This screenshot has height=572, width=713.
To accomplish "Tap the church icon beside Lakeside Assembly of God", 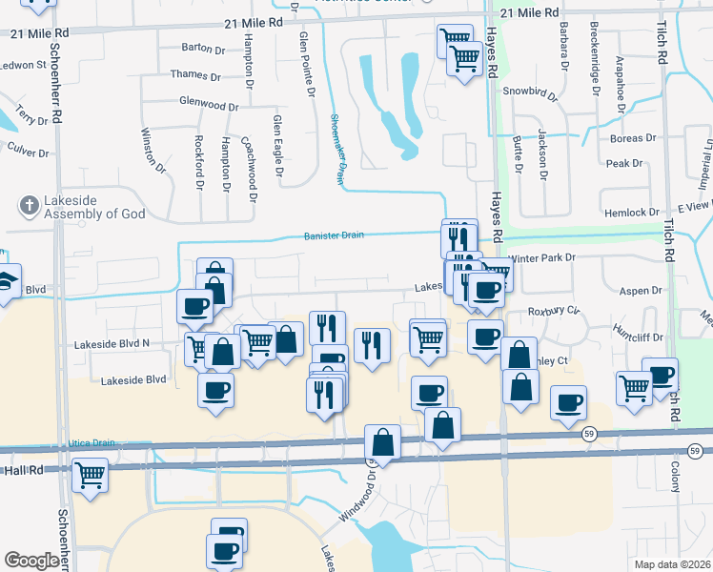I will tap(29, 204).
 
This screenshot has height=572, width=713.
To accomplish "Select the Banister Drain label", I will tap(334, 235).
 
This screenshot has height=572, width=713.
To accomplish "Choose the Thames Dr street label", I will tap(195, 75).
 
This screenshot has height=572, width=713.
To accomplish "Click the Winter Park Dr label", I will tap(543, 257).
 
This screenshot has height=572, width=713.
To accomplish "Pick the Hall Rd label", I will tap(24, 470).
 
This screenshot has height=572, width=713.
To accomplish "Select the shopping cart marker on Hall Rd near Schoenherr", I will tap(90, 474).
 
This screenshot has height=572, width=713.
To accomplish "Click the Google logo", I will tap(31, 561).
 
